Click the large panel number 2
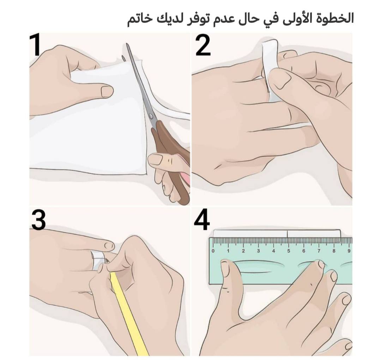click(x=202, y=46)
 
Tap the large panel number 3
click(x=38, y=220)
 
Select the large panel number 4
click(x=202, y=220)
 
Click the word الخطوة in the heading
click(x=333, y=18)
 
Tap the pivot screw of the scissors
click(x=151, y=116)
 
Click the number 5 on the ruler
click(x=289, y=251)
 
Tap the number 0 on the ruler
click(x=213, y=251)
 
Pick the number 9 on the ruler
click(x=349, y=251)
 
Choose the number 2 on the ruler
click(x=243, y=251)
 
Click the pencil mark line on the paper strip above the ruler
click(x=288, y=234)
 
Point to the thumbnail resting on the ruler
click(x=225, y=266)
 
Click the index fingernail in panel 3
click(x=110, y=246)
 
